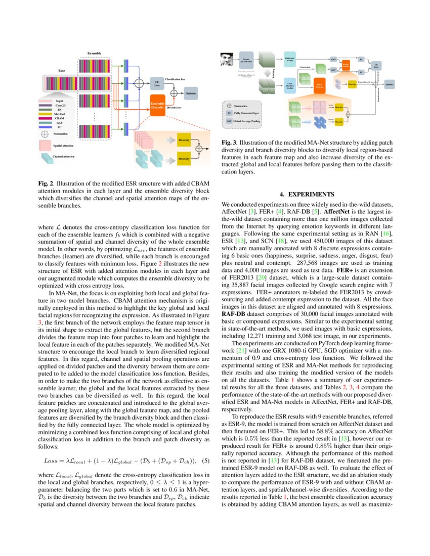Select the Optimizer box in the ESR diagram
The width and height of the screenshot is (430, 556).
tap(191, 94)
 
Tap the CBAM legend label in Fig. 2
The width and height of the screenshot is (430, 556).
tap(60, 119)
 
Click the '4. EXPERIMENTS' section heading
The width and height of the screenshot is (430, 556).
tap(308, 194)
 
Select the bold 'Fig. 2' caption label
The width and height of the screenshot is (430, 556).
tap(46, 182)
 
